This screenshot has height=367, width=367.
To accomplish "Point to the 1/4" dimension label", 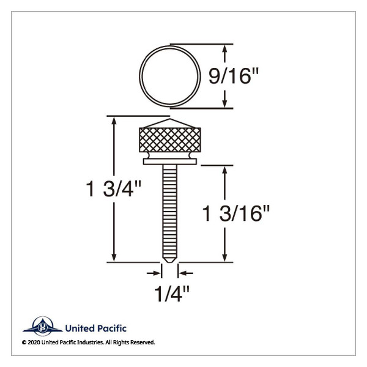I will pyautogui.click(x=169, y=292).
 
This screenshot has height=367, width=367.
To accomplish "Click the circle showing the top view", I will pyautogui.click(x=170, y=75).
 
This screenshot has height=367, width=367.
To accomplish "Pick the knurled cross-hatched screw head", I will pyautogui.click(x=170, y=141).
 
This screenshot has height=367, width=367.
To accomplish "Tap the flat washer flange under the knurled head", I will pyautogui.click(x=170, y=161).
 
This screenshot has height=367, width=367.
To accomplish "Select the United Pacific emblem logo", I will pyautogui.click(x=43, y=327).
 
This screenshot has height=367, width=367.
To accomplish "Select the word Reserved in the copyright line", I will pyautogui.click(x=141, y=343).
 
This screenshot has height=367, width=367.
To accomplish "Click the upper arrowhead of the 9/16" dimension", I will pyautogui.click(x=226, y=48).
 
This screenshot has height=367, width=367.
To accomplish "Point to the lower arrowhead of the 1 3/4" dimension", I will pyautogui.click(x=114, y=257).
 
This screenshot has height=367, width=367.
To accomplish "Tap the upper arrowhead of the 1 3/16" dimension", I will pyautogui.click(x=227, y=171).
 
